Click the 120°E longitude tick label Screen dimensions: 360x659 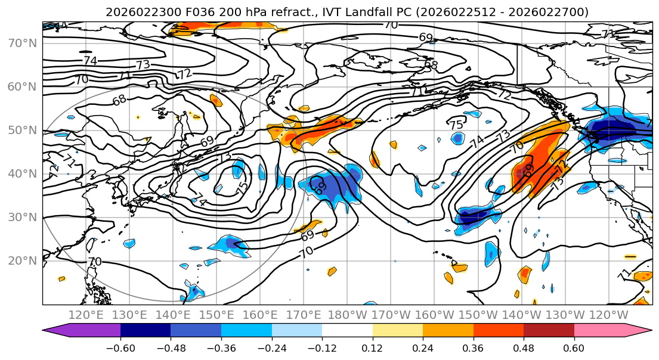86,314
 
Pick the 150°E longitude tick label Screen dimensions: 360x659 217,314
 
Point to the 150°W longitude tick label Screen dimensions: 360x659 478,314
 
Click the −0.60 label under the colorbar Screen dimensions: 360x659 120,347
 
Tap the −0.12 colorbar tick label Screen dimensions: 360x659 321,347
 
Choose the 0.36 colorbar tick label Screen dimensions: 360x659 473,347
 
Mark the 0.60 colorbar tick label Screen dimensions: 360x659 574,347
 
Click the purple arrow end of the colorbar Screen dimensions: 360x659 57,331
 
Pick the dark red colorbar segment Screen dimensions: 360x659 549,331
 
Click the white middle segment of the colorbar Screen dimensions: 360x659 347,331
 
